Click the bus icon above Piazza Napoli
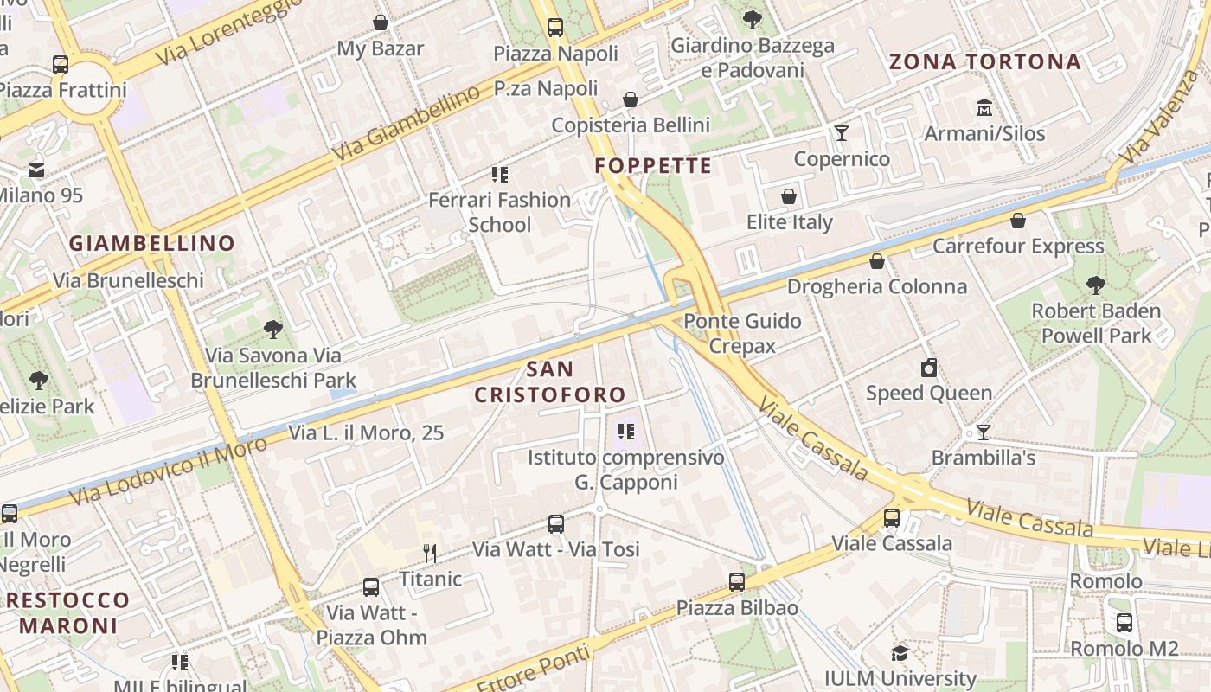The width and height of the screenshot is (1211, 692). [555, 27]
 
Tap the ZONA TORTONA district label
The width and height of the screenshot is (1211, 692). [985, 62]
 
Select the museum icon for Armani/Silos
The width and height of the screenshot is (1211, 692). [984, 108]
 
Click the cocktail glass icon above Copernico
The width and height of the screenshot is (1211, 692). [841, 133]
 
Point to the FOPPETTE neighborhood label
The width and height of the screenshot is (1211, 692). [653, 166]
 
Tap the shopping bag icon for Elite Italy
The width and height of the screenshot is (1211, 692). [789, 196]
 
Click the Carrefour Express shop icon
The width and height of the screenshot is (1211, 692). [1018, 221]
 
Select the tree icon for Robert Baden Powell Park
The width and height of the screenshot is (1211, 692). [1095, 285]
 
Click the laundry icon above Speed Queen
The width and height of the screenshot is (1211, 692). [929, 368]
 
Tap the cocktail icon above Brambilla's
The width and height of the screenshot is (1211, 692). [984, 432]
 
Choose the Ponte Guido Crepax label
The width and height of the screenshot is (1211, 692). [742, 334]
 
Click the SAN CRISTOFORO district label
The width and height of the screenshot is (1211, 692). [550, 381]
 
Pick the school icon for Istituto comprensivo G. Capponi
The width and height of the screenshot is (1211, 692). [626, 431]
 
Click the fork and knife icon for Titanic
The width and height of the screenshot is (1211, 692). [430, 554]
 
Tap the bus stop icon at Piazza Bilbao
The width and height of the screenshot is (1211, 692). [737, 582]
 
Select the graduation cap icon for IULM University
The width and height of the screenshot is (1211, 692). [900, 653]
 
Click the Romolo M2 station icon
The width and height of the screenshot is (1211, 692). [1124, 622]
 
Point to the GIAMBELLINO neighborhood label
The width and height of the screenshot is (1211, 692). [152, 244]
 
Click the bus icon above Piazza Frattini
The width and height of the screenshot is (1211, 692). [61, 64]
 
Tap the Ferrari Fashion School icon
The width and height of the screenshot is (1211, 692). [500, 175]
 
